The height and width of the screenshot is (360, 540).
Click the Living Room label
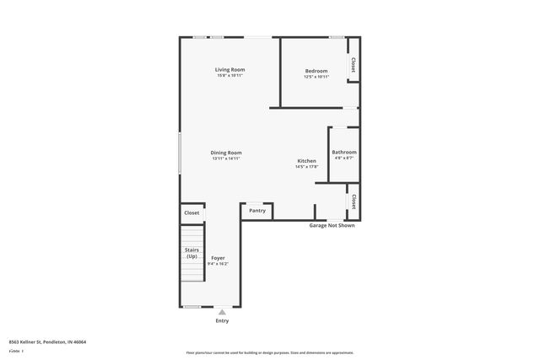[229, 69]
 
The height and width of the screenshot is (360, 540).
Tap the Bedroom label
[316, 70]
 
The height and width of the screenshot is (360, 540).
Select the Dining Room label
[226, 153]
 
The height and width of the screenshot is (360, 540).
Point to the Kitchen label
[306, 160]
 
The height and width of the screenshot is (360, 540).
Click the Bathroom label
[343, 152]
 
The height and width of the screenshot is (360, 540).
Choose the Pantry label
[257, 210]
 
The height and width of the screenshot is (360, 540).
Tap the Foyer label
[218, 257]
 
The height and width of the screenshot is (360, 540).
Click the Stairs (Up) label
[192, 252]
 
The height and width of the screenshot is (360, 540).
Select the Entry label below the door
[222, 320]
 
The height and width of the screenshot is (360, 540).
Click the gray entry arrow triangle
[222, 312]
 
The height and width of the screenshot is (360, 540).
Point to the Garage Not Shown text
[332, 225]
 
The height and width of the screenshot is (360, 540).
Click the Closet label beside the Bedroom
[353, 65]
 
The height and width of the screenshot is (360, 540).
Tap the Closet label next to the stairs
[192, 212]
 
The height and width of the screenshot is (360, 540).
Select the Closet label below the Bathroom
[353, 201]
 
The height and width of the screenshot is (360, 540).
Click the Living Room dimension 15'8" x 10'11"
[229, 76]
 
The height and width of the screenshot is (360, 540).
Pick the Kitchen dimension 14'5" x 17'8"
[306, 167]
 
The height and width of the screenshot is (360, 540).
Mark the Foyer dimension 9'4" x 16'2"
[218, 264]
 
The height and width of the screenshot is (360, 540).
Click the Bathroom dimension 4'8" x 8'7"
[343, 159]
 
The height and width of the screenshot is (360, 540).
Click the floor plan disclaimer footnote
[270, 352]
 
